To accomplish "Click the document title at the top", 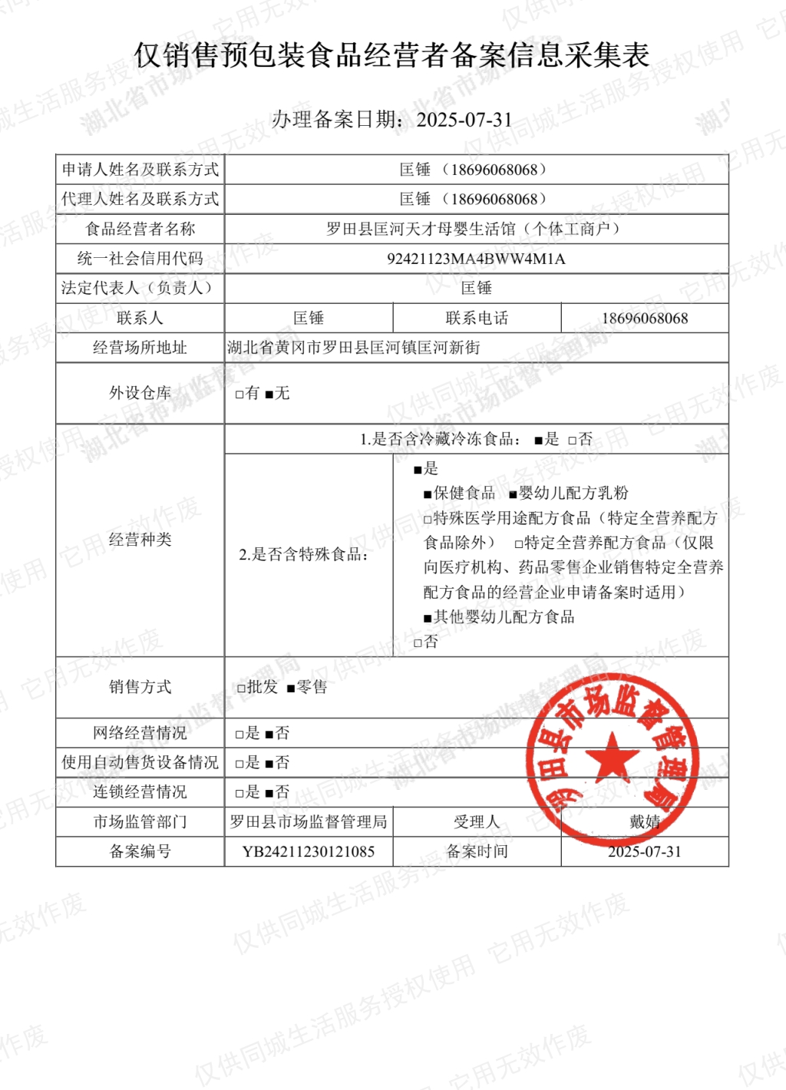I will coord(392,55).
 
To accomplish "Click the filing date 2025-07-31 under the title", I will coord(464,120).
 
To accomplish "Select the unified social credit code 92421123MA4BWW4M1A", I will coord(476,259).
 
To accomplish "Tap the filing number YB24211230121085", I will coord(309,851).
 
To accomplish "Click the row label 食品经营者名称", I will coord(140,229).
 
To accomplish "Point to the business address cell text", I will coord(354,348).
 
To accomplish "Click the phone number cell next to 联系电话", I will coord(645,318).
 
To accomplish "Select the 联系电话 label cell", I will coord(477,318).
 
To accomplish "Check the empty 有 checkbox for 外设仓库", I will coord(239,395).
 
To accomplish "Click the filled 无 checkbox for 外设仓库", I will coord(269,395).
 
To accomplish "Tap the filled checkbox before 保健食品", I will coord(428,494).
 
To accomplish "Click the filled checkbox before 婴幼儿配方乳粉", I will coord(514,494).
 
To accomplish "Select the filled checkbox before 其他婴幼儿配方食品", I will coord(428,618).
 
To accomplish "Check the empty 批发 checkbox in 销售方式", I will coord(241,688).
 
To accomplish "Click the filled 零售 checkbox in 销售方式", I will coord(291,689).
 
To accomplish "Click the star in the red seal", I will coord(612,756).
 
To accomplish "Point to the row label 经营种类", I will coord(140,540).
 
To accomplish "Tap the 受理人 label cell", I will coord(477,822).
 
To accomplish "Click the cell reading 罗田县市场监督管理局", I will coord(309,822).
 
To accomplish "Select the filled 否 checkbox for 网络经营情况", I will coord(269,735).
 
